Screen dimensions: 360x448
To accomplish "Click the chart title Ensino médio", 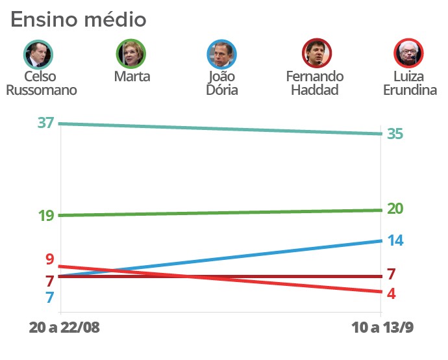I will click(x=79, y=19).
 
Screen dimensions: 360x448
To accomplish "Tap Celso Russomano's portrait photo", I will click(x=38, y=55).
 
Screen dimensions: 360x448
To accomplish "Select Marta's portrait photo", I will click(x=131, y=54).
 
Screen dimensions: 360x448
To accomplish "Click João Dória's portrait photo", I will click(x=222, y=55).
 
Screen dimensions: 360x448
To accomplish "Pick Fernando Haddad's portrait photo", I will click(x=317, y=54).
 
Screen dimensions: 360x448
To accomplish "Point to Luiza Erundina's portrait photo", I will click(x=409, y=54).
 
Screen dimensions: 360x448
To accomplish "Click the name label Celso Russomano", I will click(x=41, y=83).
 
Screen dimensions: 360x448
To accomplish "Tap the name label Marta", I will click(x=132, y=77).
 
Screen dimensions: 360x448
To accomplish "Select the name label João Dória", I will click(x=222, y=83).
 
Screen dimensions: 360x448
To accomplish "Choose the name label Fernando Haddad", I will click(x=315, y=83).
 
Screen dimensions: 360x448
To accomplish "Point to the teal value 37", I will click(x=45, y=123).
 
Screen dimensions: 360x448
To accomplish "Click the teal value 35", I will click(x=395, y=134).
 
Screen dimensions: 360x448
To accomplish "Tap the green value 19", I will click(x=45, y=216).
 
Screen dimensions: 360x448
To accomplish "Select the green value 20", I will click(x=395, y=209).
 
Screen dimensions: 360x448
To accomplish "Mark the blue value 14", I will click(x=395, y=240).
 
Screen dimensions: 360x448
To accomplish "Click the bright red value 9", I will click(x=49, y=259).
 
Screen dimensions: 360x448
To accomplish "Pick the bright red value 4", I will click(x=391, y=294).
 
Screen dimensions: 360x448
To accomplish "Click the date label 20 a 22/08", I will click(x=64, y=327).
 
